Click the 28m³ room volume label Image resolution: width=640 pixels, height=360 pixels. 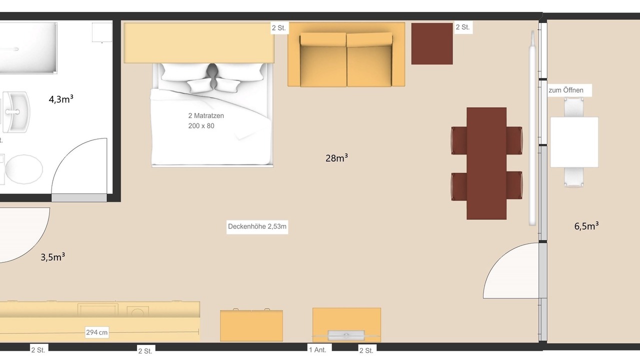336,158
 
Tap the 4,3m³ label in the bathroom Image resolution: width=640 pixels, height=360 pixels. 61,99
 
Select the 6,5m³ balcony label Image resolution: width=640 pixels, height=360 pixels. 586,226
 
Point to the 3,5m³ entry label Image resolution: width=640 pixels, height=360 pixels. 52,257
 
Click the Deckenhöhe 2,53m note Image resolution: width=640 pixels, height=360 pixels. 257,226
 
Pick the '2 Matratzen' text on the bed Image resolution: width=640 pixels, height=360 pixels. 206,115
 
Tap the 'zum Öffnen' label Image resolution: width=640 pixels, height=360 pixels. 566,90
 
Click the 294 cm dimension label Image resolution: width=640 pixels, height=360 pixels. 97,332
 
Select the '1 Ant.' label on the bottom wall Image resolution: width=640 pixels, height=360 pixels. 317,350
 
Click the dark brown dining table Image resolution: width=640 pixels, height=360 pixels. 486,163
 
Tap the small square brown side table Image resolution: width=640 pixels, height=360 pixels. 432,43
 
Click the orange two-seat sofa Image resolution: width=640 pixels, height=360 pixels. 346,55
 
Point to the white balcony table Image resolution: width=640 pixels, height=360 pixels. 574,142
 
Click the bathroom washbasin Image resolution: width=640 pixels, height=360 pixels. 15,111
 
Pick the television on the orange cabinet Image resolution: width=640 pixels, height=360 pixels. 346,335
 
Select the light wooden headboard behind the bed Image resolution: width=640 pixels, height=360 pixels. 199,43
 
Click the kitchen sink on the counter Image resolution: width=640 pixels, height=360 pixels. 97,309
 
